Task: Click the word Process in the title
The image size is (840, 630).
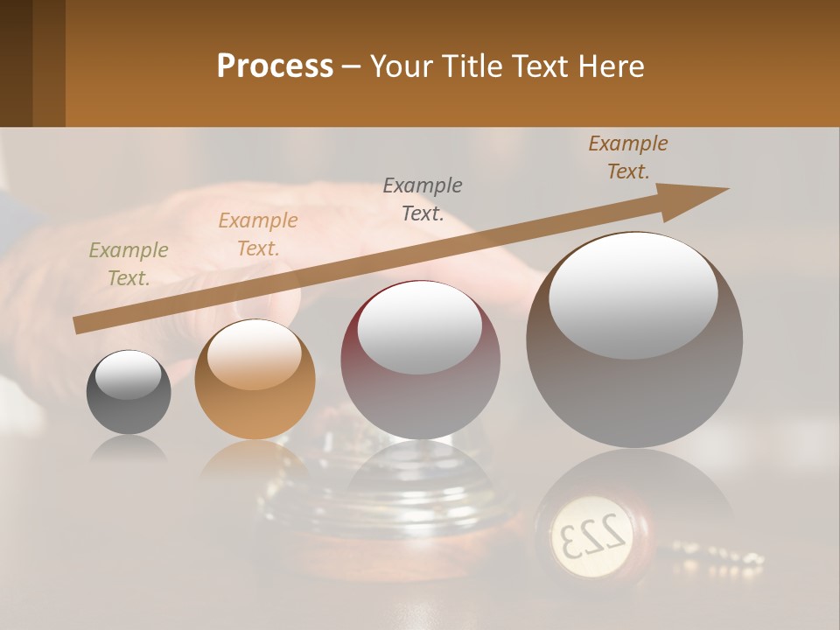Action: point(275,66)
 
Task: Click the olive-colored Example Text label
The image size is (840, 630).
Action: point(129,264)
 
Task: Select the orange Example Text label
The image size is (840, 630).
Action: point(258,234)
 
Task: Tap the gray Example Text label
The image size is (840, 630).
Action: point(423,199)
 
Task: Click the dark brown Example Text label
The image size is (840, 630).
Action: point(628,157)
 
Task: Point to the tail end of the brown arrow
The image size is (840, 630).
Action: point(79,325)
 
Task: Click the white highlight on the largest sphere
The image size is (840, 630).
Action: point(633,293)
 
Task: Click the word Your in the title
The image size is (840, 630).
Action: point(397,66)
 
